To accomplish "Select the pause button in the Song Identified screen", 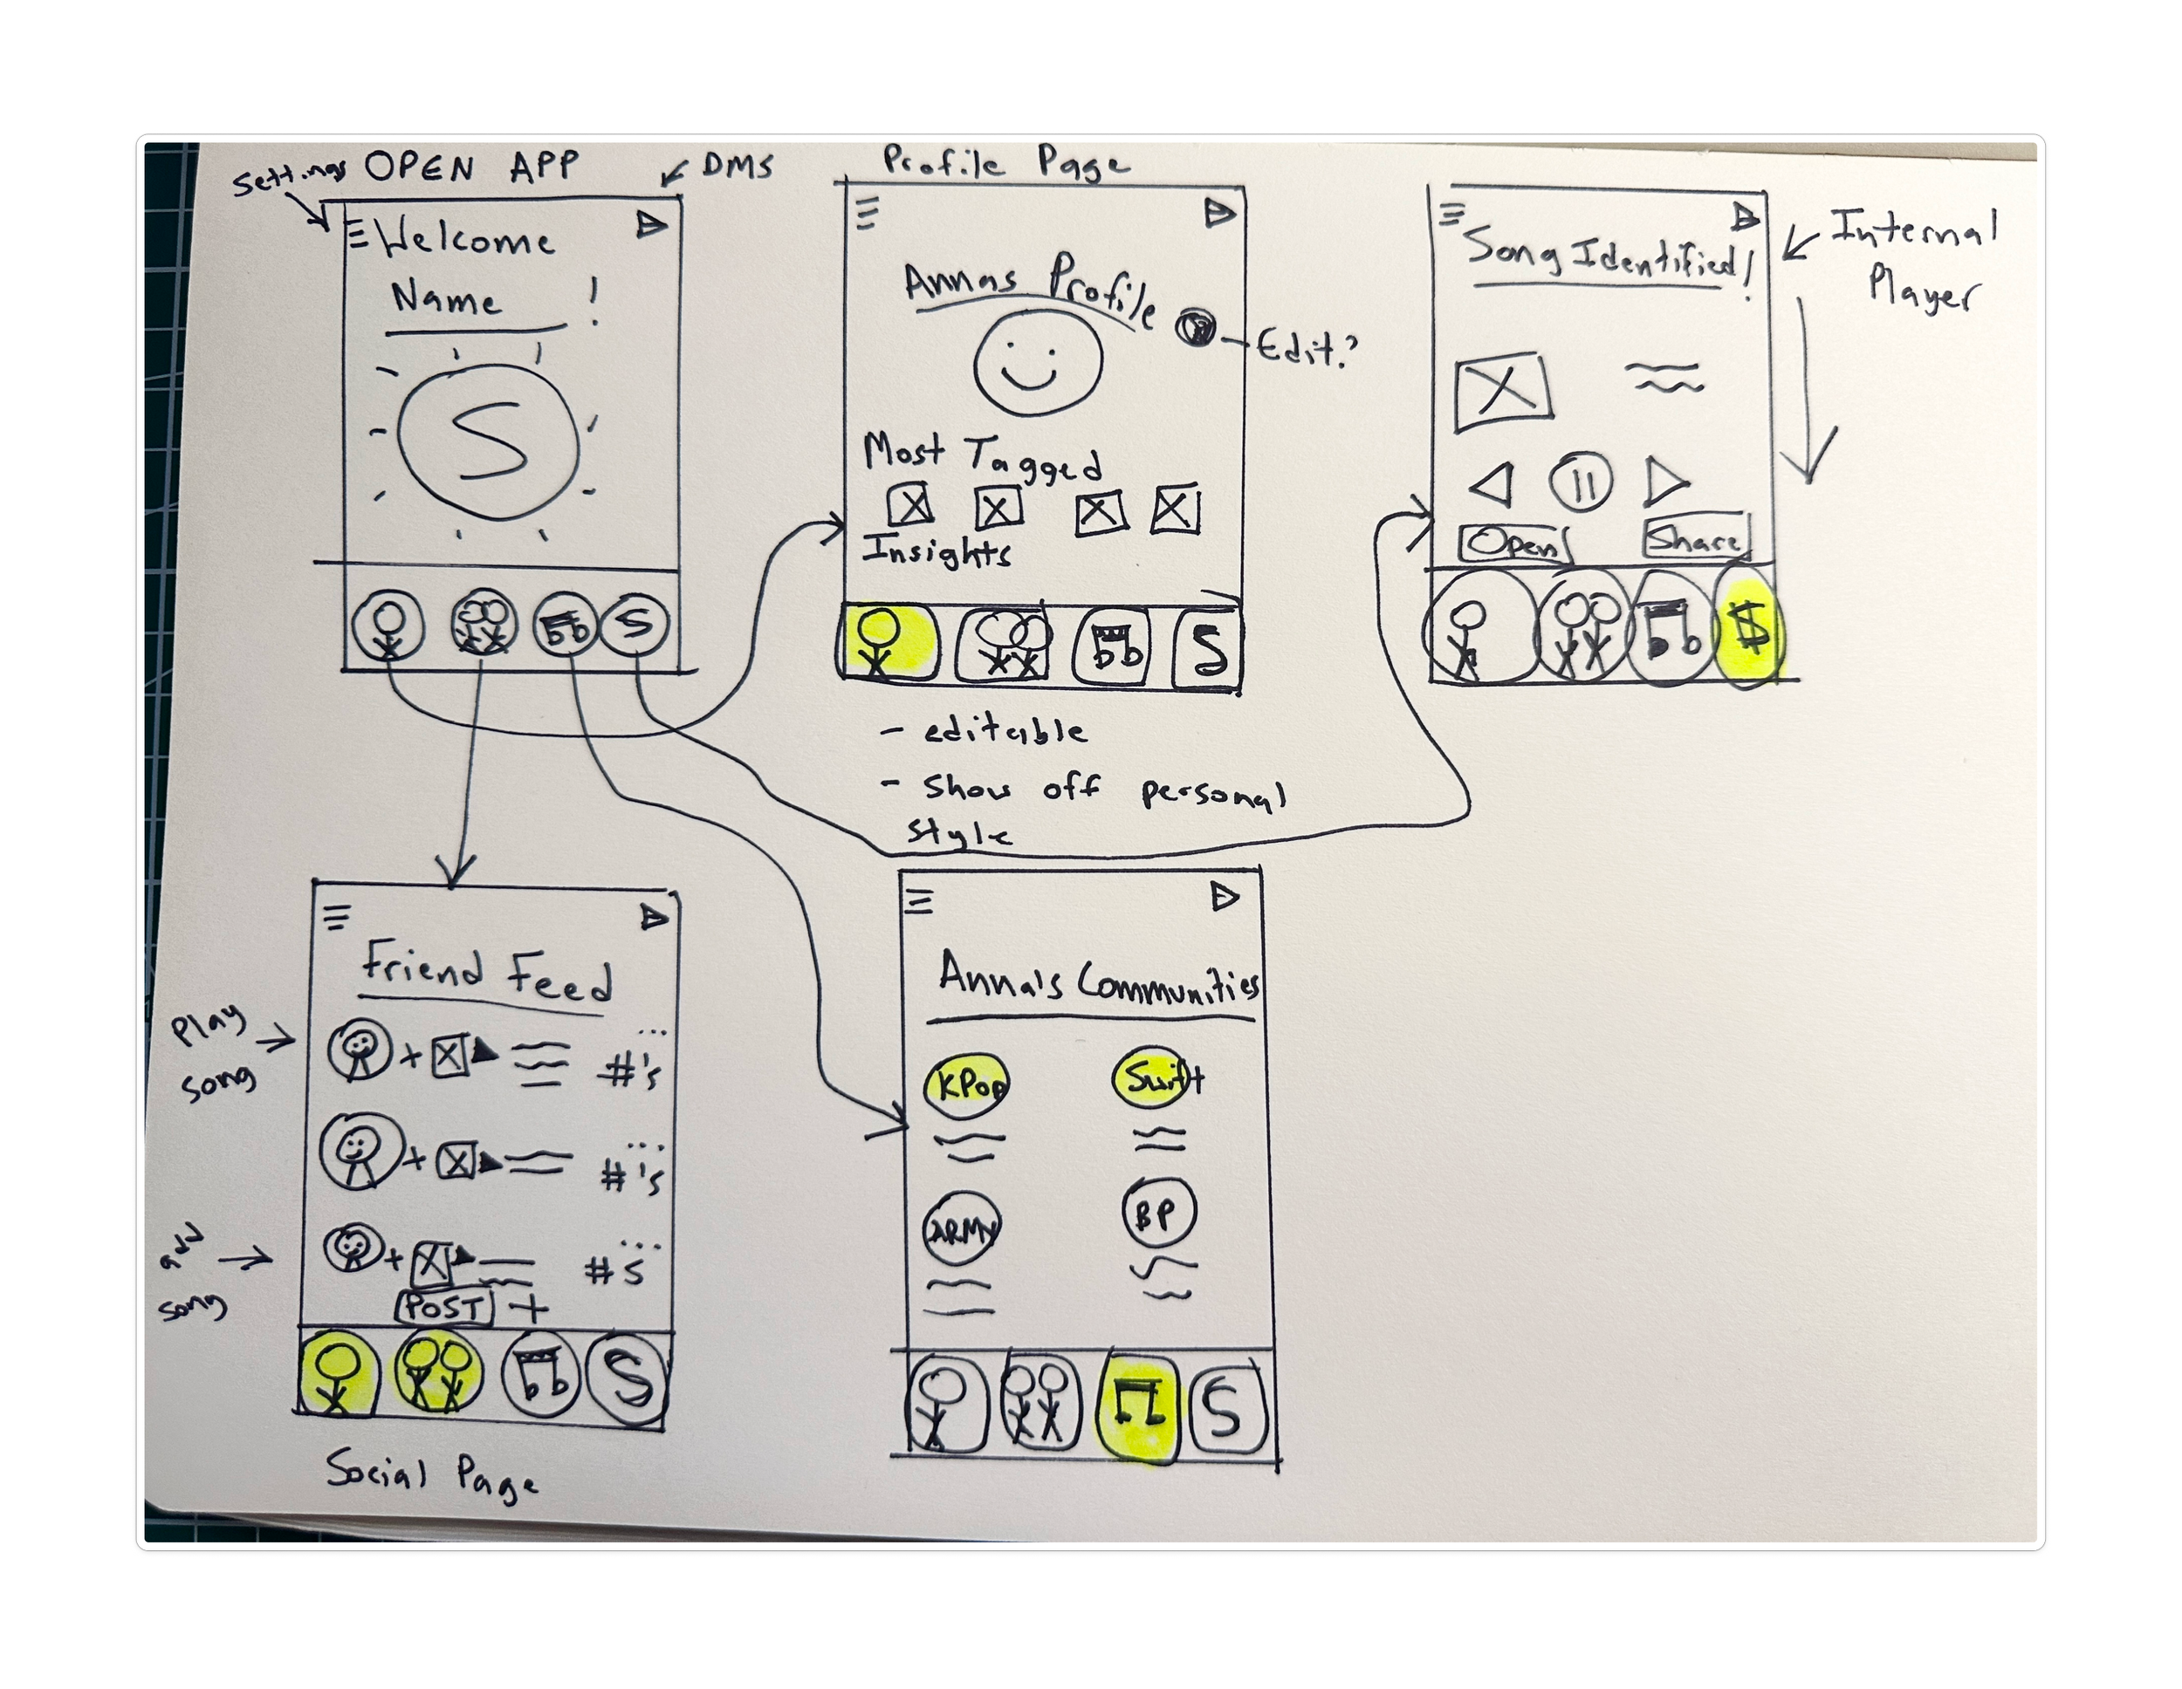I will click(1581, 483).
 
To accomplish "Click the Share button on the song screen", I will click(1696, 539).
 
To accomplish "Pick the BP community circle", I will click(1159, 1214).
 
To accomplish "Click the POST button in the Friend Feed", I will click(444, 1307).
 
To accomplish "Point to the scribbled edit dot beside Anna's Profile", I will click(1195, 326).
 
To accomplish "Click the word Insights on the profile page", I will click(937, 551).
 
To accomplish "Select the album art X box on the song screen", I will click(1501, 390).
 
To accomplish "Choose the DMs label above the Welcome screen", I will click(737, 166).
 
